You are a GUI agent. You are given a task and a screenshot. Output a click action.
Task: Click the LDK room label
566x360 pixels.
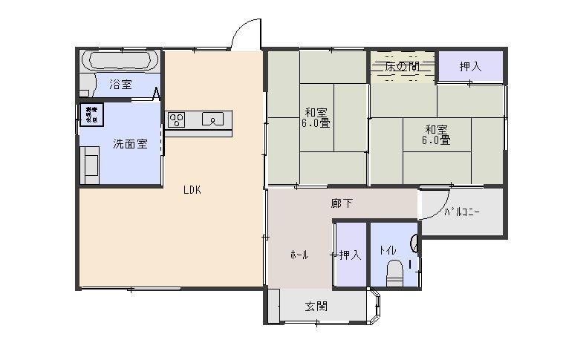point(192,189)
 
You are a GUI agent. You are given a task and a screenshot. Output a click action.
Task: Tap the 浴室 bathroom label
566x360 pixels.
point(121,85)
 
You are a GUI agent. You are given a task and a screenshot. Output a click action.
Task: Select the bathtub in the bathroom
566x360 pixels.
point(119,60)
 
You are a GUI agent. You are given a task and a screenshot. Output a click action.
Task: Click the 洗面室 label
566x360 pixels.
point(129,144)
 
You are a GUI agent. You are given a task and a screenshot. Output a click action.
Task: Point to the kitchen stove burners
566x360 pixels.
point(176,120)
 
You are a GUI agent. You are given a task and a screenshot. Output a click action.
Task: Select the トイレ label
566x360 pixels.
point(387,250)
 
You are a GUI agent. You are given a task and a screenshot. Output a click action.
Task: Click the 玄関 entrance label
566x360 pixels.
point(316,306)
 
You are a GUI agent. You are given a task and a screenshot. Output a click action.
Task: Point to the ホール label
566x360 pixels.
point(299,255)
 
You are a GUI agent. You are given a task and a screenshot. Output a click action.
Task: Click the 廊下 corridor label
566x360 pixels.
point(342,203)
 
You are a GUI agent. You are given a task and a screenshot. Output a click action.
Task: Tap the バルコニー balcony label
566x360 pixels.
point(462,212)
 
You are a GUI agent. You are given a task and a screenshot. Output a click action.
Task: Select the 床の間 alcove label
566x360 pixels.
point(402,67)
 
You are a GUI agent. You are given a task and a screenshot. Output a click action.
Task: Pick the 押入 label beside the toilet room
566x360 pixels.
point(350,255)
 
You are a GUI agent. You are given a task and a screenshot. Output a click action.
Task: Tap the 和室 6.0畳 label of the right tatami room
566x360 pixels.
point(436,133)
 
